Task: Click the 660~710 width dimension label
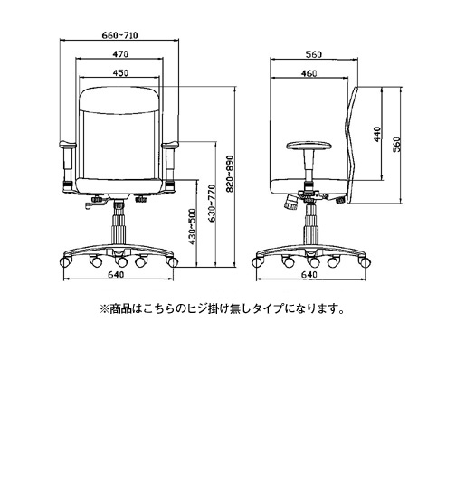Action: [119, 35]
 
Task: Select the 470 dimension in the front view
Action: [120, 54]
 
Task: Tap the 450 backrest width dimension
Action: [120, 73]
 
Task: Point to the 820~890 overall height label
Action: [230, 174]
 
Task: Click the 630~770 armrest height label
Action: [212, 204]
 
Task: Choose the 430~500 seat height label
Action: [192, 227]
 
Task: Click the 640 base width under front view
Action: [116, 274]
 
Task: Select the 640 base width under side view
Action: [309, 274]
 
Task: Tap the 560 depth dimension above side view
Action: [313, 54]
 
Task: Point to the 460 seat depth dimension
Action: [309, 73]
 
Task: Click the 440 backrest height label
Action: [377, 134]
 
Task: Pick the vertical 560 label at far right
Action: [396, 145]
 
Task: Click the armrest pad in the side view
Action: [309, 146]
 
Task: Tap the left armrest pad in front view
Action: [68, 144]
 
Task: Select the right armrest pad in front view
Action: [170, 144]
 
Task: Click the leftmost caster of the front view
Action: [66, 261]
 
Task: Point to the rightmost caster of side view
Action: [365, 262]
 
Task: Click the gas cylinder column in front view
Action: [119, 223]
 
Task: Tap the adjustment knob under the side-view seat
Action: [290, 203]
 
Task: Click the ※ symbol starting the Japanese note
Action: [104, 308]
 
